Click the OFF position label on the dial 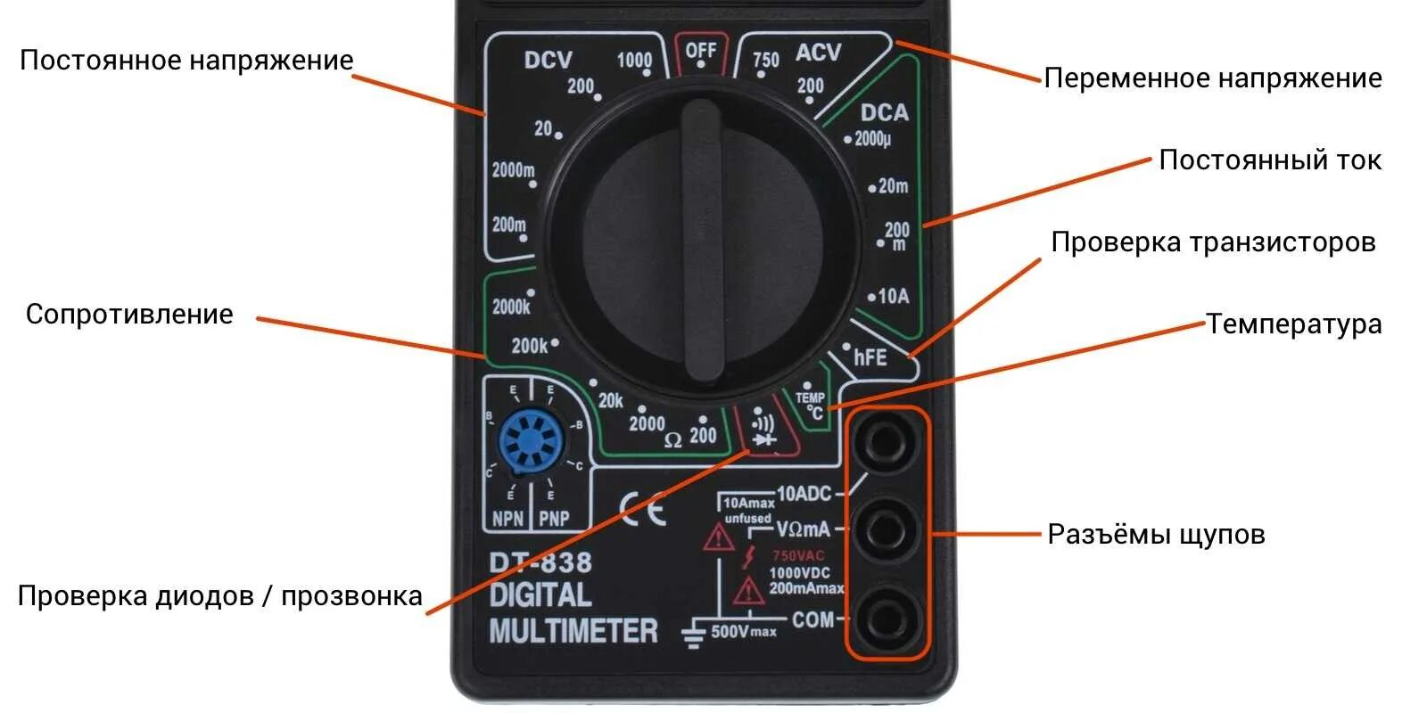(700, 51)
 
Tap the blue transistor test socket (532, 443)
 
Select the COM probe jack (887, 618)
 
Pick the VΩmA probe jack (887, 528)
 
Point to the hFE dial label (870, 357)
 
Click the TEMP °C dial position (811, 406)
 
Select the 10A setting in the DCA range (893, 296)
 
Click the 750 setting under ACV (765, 60)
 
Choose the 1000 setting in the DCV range (634, 60)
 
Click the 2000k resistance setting (511, 307)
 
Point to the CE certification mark (642, 509)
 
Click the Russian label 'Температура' (1293, 324)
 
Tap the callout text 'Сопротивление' (129, 315)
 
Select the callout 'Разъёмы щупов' (1156, 534)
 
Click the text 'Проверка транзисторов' (1213, 242)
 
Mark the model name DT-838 (540, 562)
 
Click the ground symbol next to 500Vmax (694, 634)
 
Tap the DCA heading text (884, 112)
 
